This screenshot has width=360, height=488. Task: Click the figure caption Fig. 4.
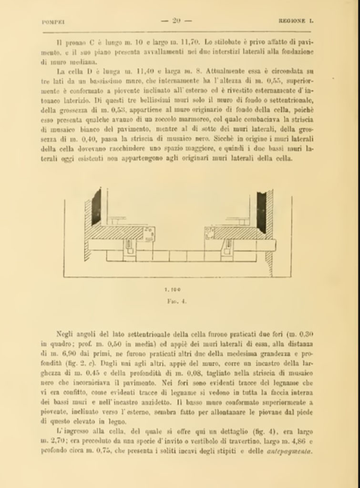tap(176, 301)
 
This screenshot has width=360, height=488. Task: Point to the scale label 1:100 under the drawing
tap(176, 289)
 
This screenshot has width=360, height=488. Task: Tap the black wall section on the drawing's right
tap(261, 206)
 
